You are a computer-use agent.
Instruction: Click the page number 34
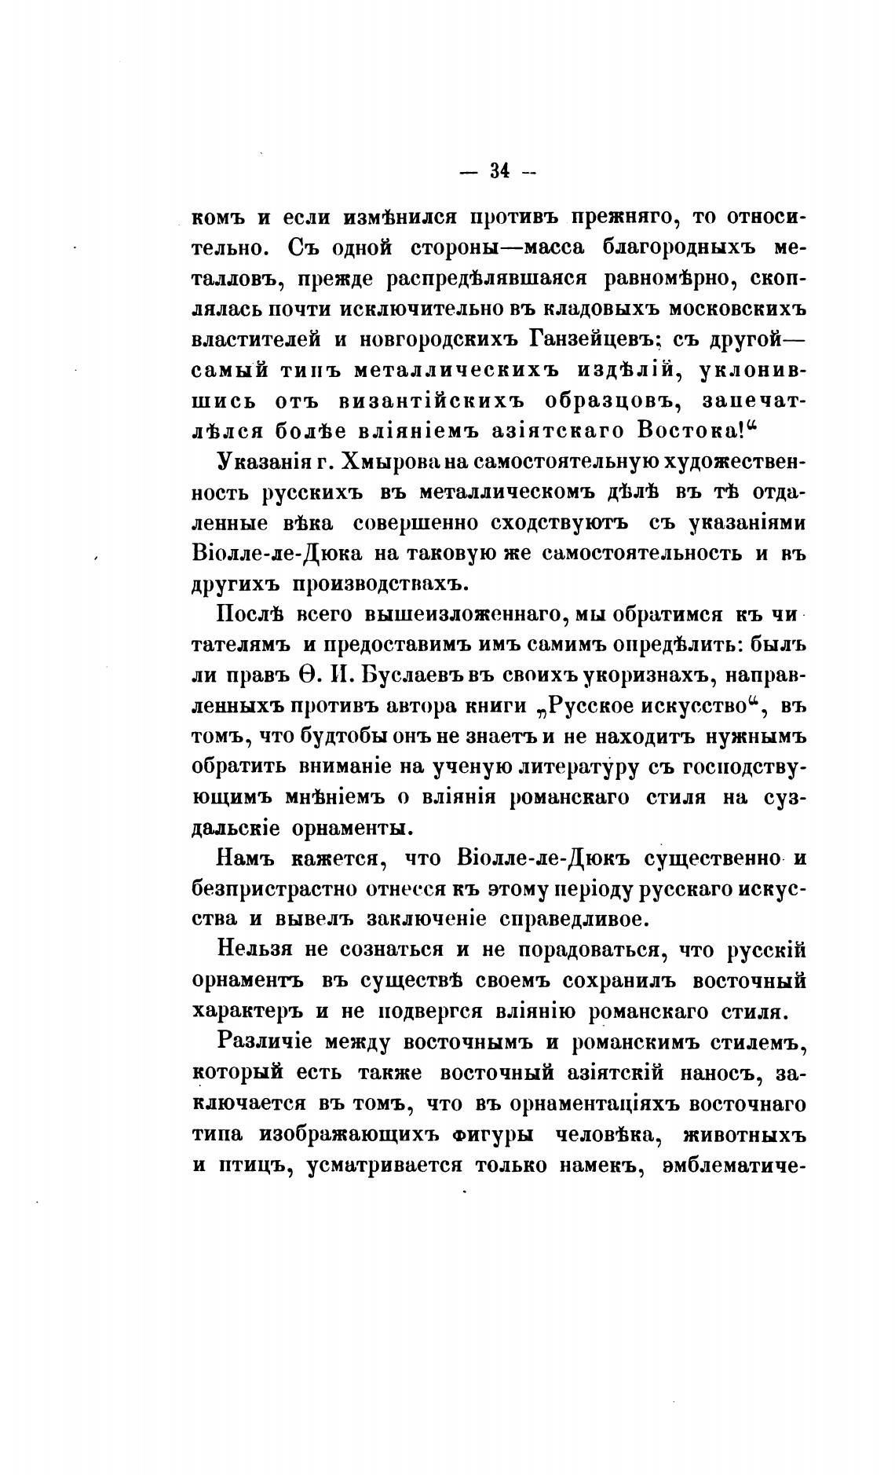coord(499,171)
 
